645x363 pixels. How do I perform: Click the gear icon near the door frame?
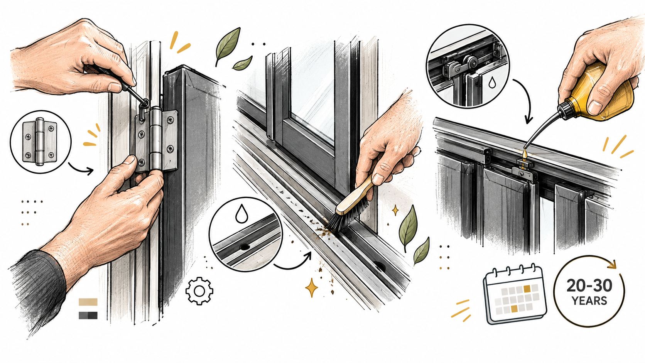tap(199, 291)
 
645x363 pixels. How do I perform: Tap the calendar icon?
tap(515, 294)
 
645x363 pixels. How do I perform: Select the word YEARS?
tap(589, 301)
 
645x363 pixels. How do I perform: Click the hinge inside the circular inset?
tap(40, 142)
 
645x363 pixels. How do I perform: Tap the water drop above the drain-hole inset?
tap(241, 213)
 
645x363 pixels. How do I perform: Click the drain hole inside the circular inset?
tap(245, 247)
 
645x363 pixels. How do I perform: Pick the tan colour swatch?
tap(88, 302)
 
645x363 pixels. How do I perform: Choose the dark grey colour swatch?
tap(88, 316)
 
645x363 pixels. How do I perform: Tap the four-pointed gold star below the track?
tap(311, 287)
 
